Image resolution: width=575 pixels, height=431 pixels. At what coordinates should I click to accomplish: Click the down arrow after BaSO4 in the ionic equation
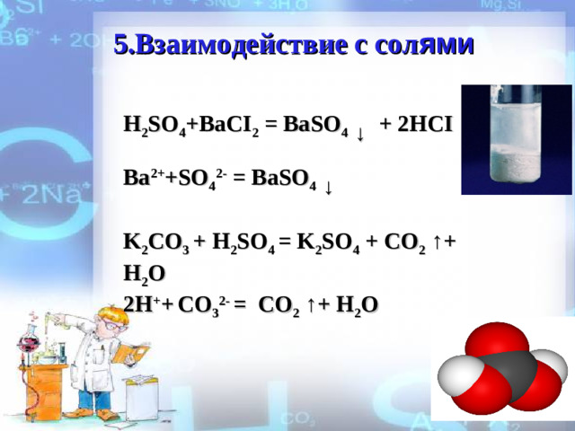pos(330,188)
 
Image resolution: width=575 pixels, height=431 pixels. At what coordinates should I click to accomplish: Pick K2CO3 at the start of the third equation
pos(155,242)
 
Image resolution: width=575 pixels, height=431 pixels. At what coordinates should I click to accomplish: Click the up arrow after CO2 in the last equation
pos(308,305)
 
